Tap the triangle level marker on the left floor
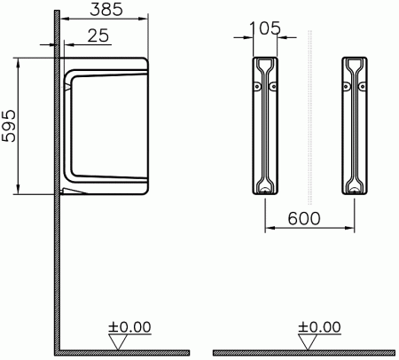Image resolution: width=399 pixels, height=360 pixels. (114, 339)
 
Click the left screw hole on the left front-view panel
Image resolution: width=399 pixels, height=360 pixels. (257, 86)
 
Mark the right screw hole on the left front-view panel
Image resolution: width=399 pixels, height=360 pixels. (272, 86)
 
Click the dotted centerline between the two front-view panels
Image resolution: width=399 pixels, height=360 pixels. (309, 115)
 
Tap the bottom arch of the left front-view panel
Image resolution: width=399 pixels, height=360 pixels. (264, 188)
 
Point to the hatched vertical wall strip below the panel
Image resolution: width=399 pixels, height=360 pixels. (57, 266)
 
